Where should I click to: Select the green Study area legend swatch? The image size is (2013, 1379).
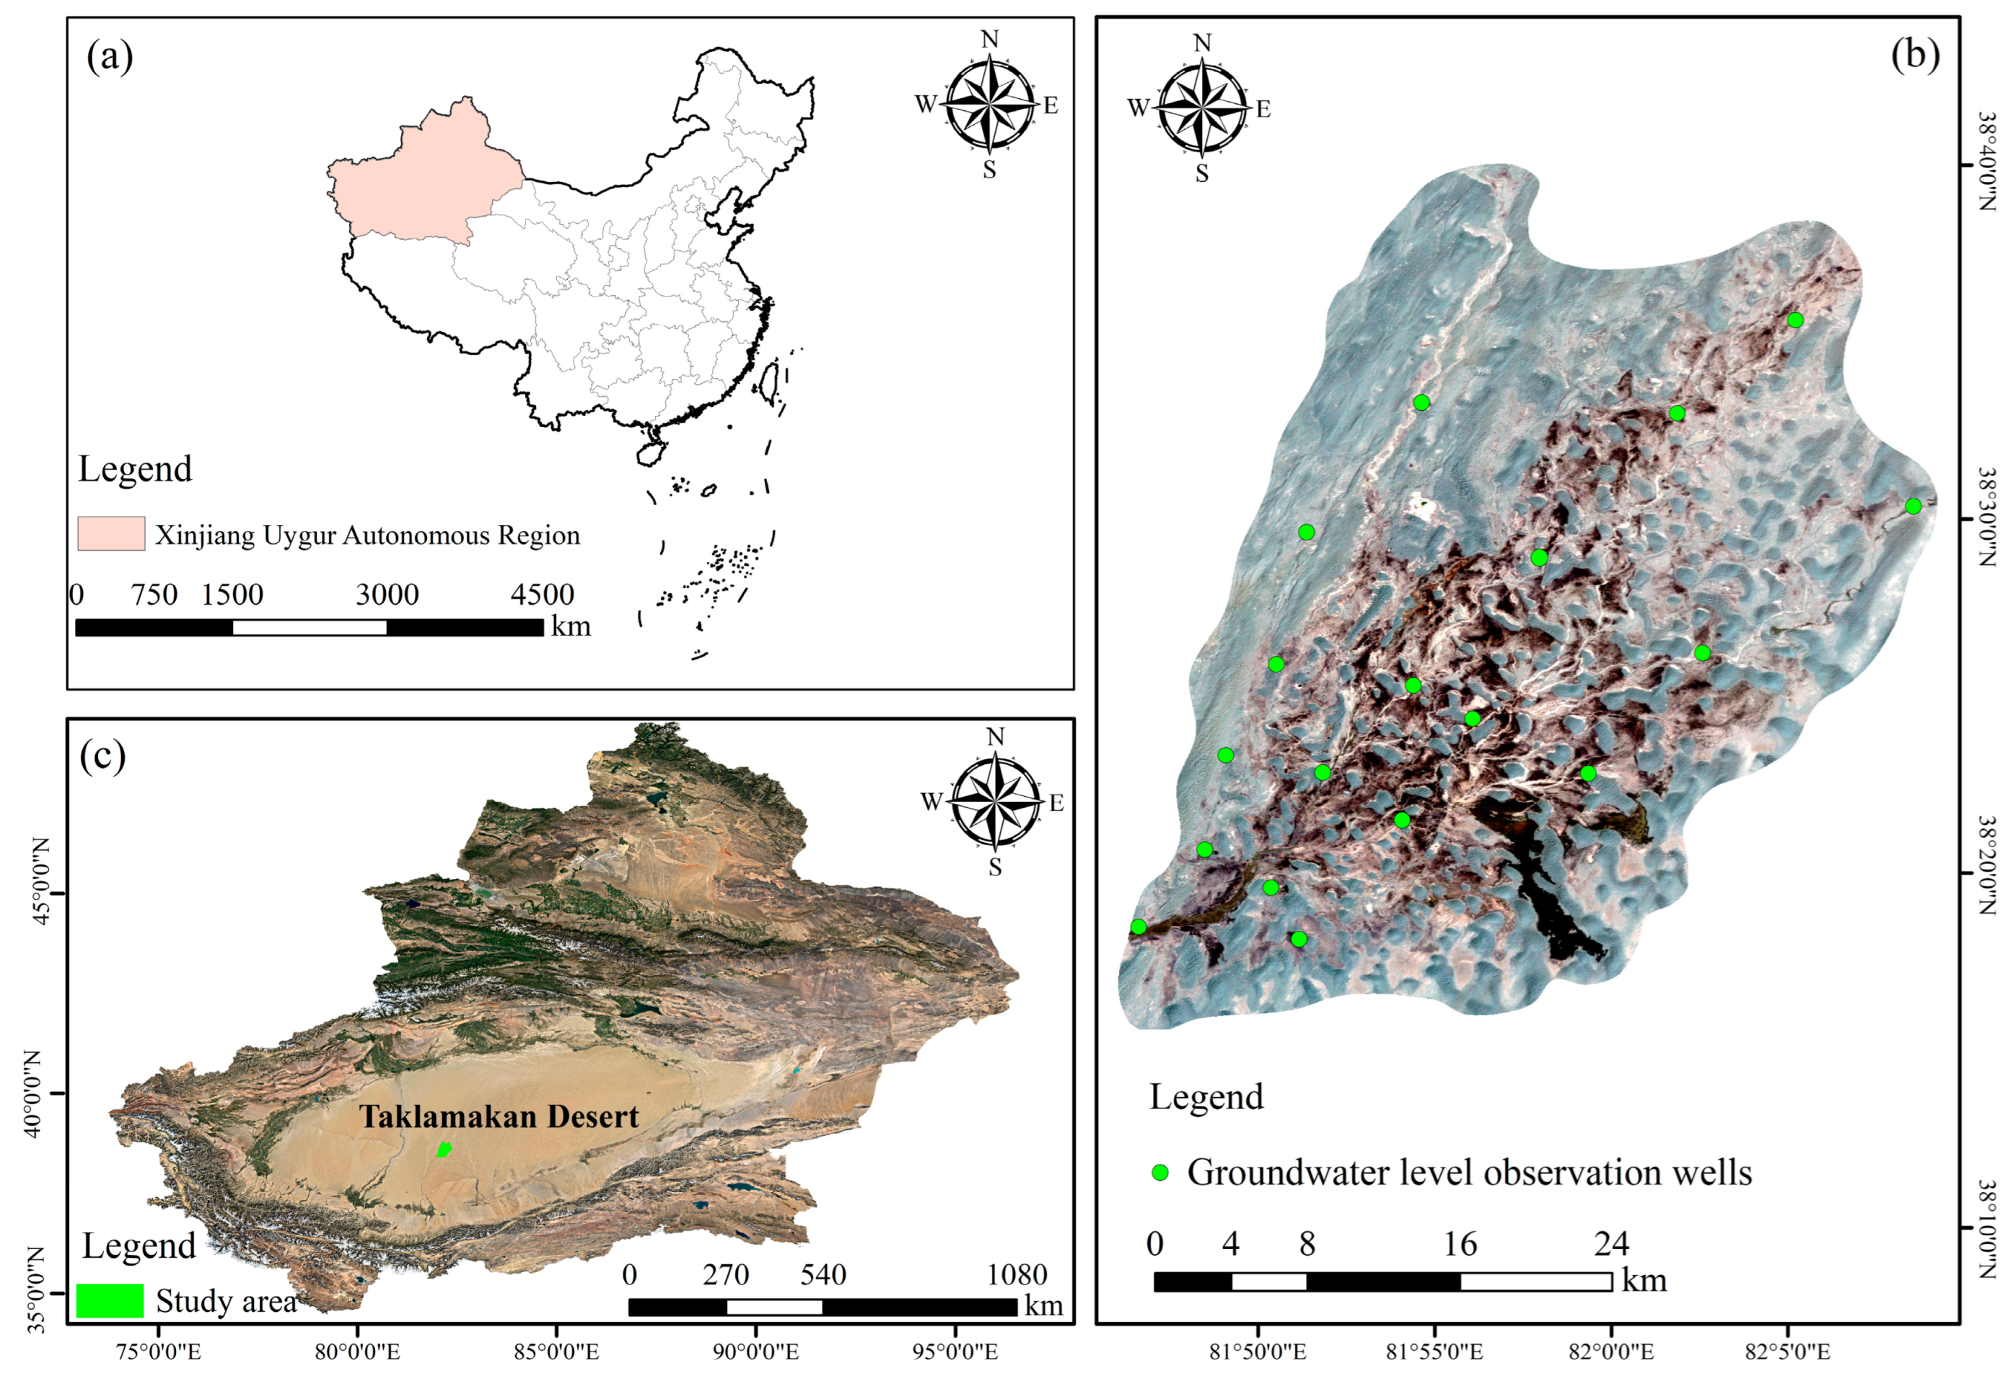click(x=110, y=1300)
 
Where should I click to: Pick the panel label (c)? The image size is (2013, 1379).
click(x=102, y=756)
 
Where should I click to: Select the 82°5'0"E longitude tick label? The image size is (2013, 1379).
click(x=1788, y=1352)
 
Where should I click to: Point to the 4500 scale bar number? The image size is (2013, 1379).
click(x=543, y=595)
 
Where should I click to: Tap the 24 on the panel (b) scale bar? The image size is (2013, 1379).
click(x=1611, y=1245)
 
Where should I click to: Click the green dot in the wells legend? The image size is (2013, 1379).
click(x=1159, y=1172)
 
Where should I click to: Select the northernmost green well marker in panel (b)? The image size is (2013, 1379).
click(x=1796, y=320)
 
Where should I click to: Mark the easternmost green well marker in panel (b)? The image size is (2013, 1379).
click(x=1913, y=507)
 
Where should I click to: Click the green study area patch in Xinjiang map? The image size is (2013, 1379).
click(x=444, y=1150)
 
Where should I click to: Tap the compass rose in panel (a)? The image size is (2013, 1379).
click(x=989, y=105)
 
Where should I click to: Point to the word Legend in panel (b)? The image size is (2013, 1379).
click(x=1206, y=1097)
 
